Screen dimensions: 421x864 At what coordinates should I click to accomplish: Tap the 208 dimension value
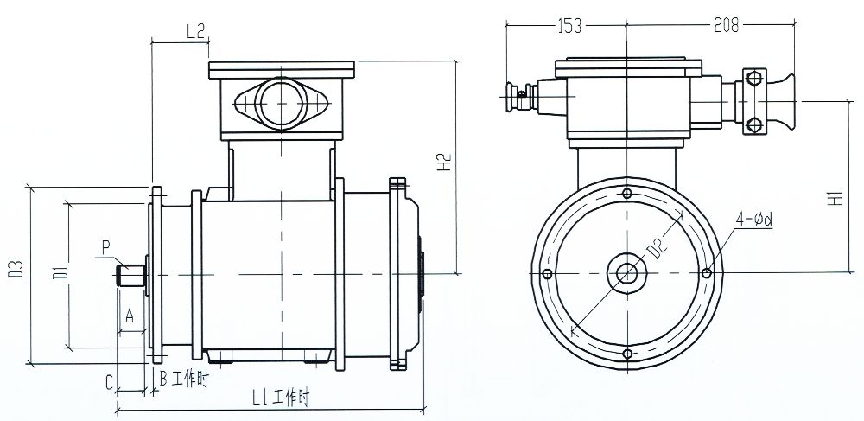pyautogui.click(x=726, y=26)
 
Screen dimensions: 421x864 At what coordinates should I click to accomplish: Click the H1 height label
pyautogui.click(x=835, y=197)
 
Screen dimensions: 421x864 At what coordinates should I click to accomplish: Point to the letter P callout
pyautogui.click(x=106, y=248)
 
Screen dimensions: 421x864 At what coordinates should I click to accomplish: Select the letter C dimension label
pyautogui.click(x=110, y=380)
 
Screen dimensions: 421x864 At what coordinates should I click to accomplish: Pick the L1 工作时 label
pyautogui.click(x=280, y=398)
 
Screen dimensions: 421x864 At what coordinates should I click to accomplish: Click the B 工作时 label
pyautogui.click(x=184, y=379)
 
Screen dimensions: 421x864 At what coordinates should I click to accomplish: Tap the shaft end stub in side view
pyautogui.click(x=130, y=275)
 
